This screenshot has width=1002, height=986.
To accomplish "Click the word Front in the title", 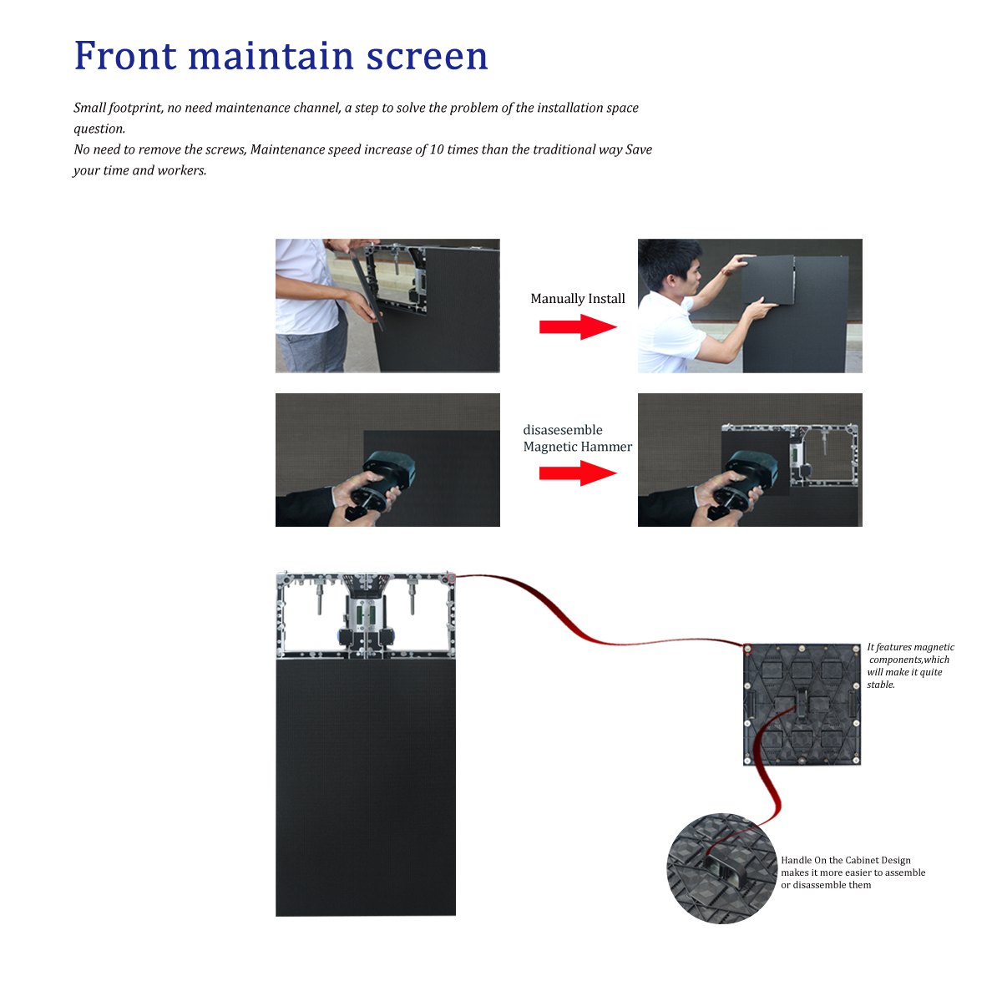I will pos(125,56).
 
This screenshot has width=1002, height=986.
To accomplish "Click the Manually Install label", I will pos(577,299).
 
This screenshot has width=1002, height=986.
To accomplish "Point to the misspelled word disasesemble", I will pos(562,431).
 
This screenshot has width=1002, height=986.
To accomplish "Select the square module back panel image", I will pos(802,705).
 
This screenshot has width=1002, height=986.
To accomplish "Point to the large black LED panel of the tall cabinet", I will pos(366,785).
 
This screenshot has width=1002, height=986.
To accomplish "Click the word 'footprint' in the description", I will pos(135,109).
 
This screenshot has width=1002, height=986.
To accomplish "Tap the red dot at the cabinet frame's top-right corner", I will pos(451,577).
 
